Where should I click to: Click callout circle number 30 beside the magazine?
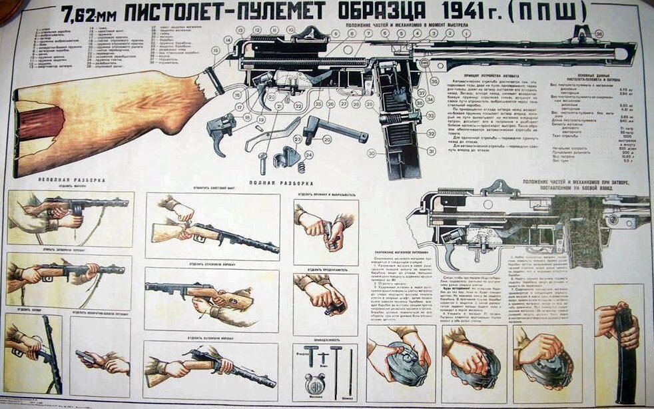click(371, 153)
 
